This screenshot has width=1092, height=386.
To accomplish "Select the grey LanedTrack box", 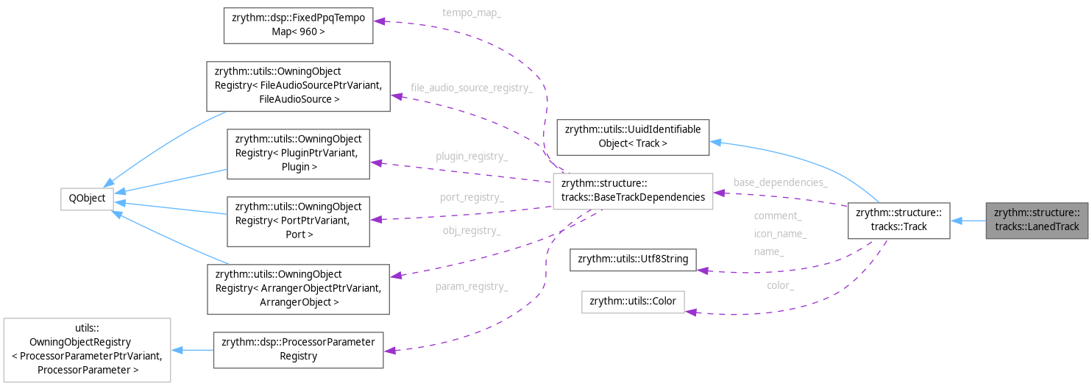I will tap(1038, 220).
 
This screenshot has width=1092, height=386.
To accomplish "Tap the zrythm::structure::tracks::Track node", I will tap(898, 220).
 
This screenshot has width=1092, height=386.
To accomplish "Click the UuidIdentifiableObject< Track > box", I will tap(633, 137).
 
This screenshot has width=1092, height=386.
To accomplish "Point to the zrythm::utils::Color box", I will tap(633, 302).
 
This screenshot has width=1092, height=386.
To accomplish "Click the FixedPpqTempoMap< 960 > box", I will tap(298, 25).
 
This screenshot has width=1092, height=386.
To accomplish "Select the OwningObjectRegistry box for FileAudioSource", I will tap(298, 85).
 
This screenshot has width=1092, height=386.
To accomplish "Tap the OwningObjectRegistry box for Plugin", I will tap(298, 154).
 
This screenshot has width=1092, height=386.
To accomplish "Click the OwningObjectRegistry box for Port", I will tap(298, 221).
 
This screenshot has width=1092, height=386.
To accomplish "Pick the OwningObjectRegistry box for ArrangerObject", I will tap(298, 287).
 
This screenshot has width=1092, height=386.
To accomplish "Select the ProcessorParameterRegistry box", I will tap(298, 349).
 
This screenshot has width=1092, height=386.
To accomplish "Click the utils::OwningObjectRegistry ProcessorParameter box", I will tap(87, 350).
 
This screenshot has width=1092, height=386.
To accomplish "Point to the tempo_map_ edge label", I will tap(471, 13).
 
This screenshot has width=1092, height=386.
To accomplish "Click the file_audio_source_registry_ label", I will tap(471, 88).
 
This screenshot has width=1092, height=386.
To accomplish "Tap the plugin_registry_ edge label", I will tap(471, 157).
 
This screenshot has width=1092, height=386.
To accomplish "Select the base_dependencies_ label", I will tap(780, 182).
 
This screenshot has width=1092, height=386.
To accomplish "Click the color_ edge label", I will tap(780, 285).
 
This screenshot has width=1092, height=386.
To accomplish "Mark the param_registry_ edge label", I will tap(471, 286).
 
